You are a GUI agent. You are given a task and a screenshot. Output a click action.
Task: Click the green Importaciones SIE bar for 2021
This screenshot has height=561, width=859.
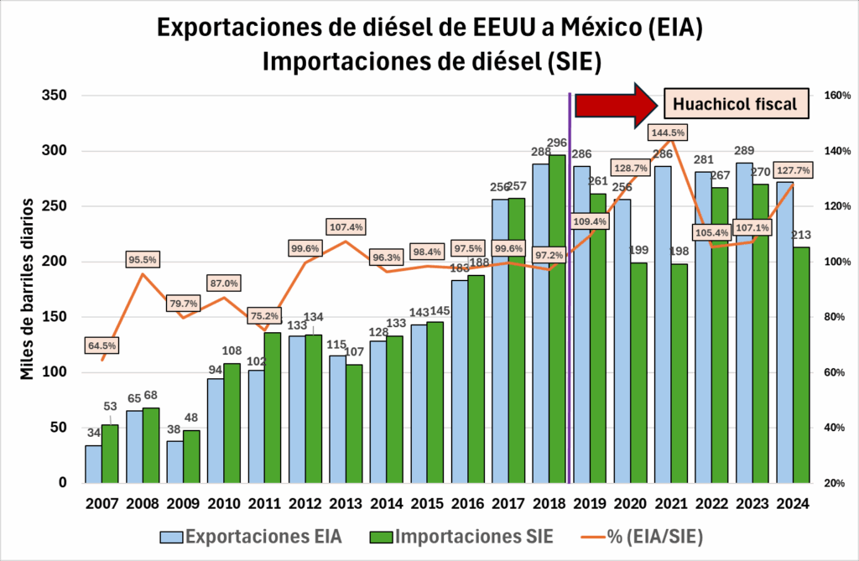coord(679,373)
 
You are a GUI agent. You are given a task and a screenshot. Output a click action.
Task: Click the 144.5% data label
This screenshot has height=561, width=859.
coord(668,132)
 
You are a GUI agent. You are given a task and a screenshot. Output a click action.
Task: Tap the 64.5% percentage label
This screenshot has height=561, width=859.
coord(102,345)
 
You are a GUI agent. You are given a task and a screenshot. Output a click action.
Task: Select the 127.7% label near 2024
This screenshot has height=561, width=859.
coord(789,170)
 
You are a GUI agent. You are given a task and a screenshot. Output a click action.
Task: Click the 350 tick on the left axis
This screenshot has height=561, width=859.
coord(53,96)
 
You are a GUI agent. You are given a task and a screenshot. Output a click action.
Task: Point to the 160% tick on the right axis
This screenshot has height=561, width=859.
coord(836,96)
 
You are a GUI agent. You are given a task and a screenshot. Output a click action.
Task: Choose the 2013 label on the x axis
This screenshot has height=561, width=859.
coord(345,506)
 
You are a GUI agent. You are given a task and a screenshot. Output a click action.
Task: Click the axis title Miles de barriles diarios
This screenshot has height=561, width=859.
coord(28,288)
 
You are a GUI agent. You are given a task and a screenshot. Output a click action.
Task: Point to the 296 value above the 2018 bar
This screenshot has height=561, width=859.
coord(556,142)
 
